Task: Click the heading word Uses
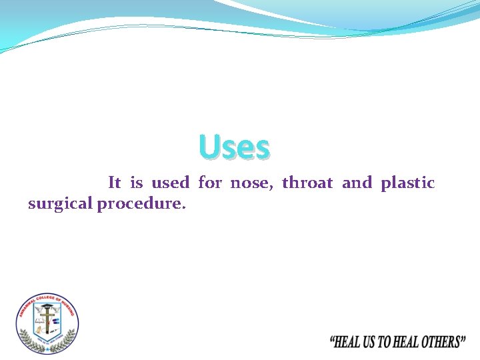point(234,147)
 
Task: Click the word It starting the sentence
point(114,183)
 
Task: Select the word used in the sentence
point(170,183)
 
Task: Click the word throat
point(307,183)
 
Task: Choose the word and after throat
point(357,183)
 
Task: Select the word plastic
point(407,183)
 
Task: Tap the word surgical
point(60,205)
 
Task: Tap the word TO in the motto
point(386,343)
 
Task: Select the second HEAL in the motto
point(407,343)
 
